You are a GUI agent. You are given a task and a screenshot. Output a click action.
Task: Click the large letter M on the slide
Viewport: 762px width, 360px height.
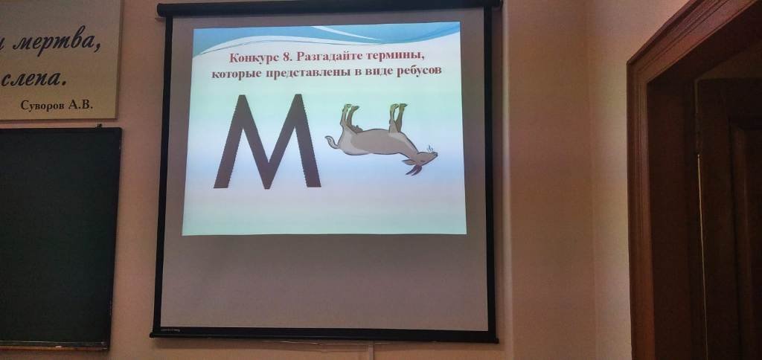click(267, 141)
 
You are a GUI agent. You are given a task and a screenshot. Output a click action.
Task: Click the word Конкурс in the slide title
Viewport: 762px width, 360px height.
click(252, 57)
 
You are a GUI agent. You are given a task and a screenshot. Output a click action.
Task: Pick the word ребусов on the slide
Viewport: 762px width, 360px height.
click(417, 72)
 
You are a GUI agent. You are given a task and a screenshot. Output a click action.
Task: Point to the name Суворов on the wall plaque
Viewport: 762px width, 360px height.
click(42, 105)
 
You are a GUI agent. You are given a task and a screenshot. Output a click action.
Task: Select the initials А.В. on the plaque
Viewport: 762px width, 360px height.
click(80, 104)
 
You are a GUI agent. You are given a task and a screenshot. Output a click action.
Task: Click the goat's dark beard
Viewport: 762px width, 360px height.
click(413, 170)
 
